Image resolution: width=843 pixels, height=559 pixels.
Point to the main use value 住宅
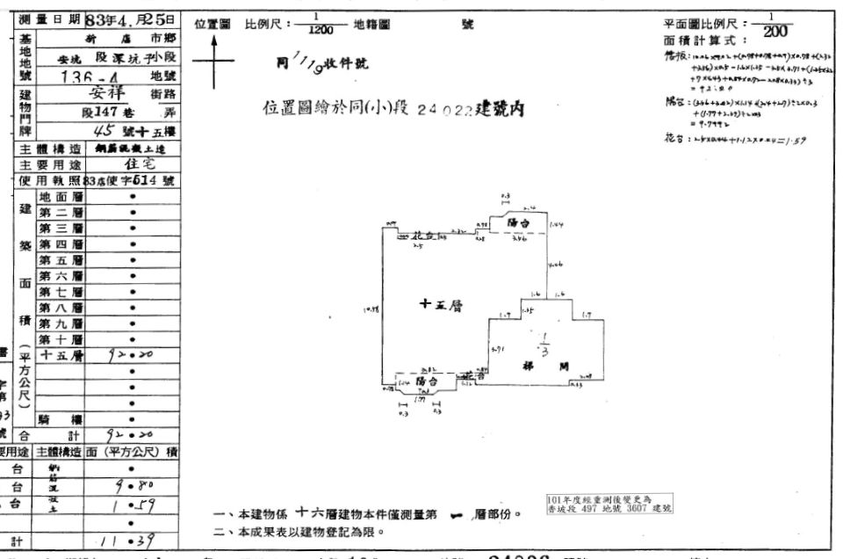[x=132, y=164]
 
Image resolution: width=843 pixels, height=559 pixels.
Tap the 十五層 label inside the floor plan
[x=441, y=305]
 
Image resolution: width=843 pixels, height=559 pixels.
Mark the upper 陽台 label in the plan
[x=524, y=224]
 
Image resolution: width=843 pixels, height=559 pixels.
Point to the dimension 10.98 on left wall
[x=370, y=309]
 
